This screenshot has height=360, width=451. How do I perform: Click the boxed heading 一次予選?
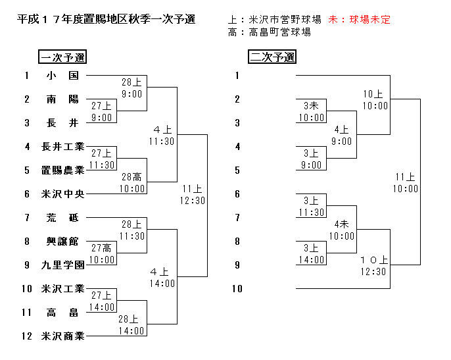62,57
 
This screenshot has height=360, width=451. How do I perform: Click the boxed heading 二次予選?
272,57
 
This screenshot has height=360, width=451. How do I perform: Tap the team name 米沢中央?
63,194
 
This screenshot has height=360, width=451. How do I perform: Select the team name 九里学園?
63,265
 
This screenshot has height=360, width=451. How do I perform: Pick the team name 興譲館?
62,242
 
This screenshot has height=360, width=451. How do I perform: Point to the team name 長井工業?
63,147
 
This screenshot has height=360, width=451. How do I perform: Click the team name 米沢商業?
63,336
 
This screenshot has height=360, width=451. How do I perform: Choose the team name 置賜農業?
63,170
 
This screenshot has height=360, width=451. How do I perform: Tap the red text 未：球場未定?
359,20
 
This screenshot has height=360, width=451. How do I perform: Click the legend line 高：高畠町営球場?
270,32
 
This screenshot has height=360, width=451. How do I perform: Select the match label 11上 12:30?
193,195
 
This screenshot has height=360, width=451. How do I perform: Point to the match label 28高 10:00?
132,182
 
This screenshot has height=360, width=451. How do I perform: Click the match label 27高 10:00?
102,254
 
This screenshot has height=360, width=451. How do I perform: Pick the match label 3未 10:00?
312,112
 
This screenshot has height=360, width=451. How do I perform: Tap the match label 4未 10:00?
342,230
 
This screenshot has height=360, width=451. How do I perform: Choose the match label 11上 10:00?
405,183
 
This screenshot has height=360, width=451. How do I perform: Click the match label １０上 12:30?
373,266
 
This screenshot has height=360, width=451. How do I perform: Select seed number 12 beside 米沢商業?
27,336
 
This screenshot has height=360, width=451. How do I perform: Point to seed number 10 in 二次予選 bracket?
237,288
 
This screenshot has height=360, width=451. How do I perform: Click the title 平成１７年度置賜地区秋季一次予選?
106,20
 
